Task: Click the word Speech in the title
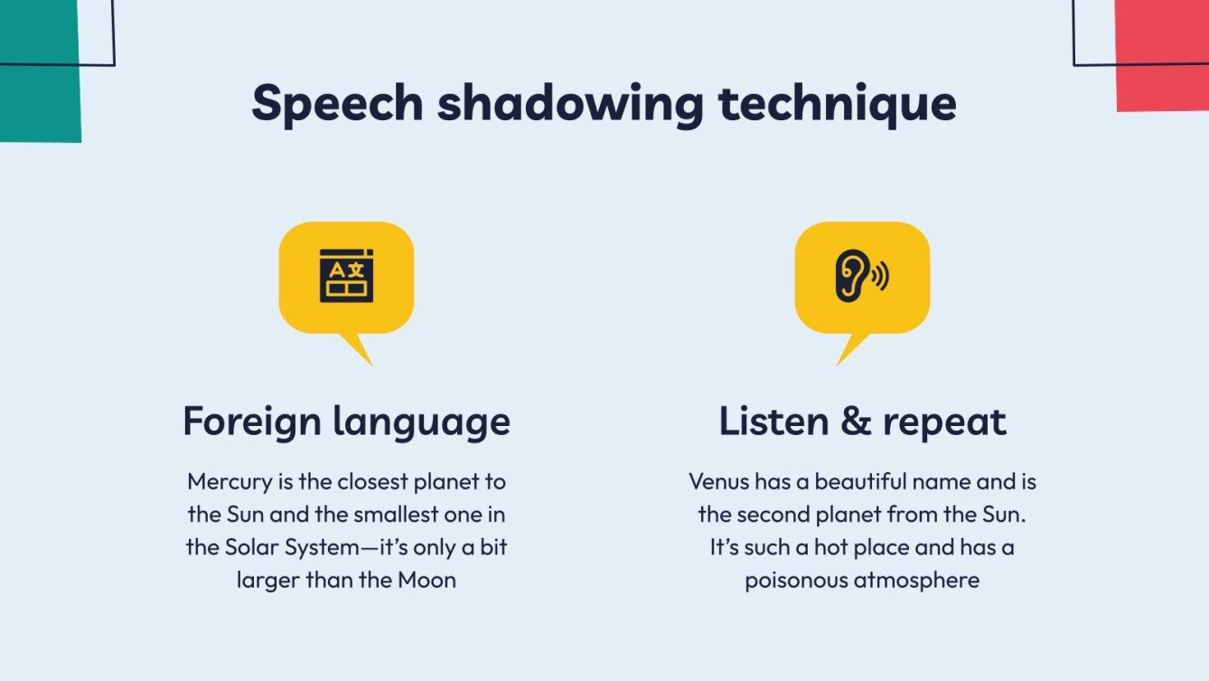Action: pos(336,104)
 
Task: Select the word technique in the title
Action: pos(837,104)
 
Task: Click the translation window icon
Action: pos(346,275)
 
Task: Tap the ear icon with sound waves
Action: pos(861,275)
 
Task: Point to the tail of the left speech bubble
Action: pos(357,350)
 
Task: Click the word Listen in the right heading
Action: pos(773,421)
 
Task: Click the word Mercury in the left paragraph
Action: pos(230,481)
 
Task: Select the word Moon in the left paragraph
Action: pos(426,580)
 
